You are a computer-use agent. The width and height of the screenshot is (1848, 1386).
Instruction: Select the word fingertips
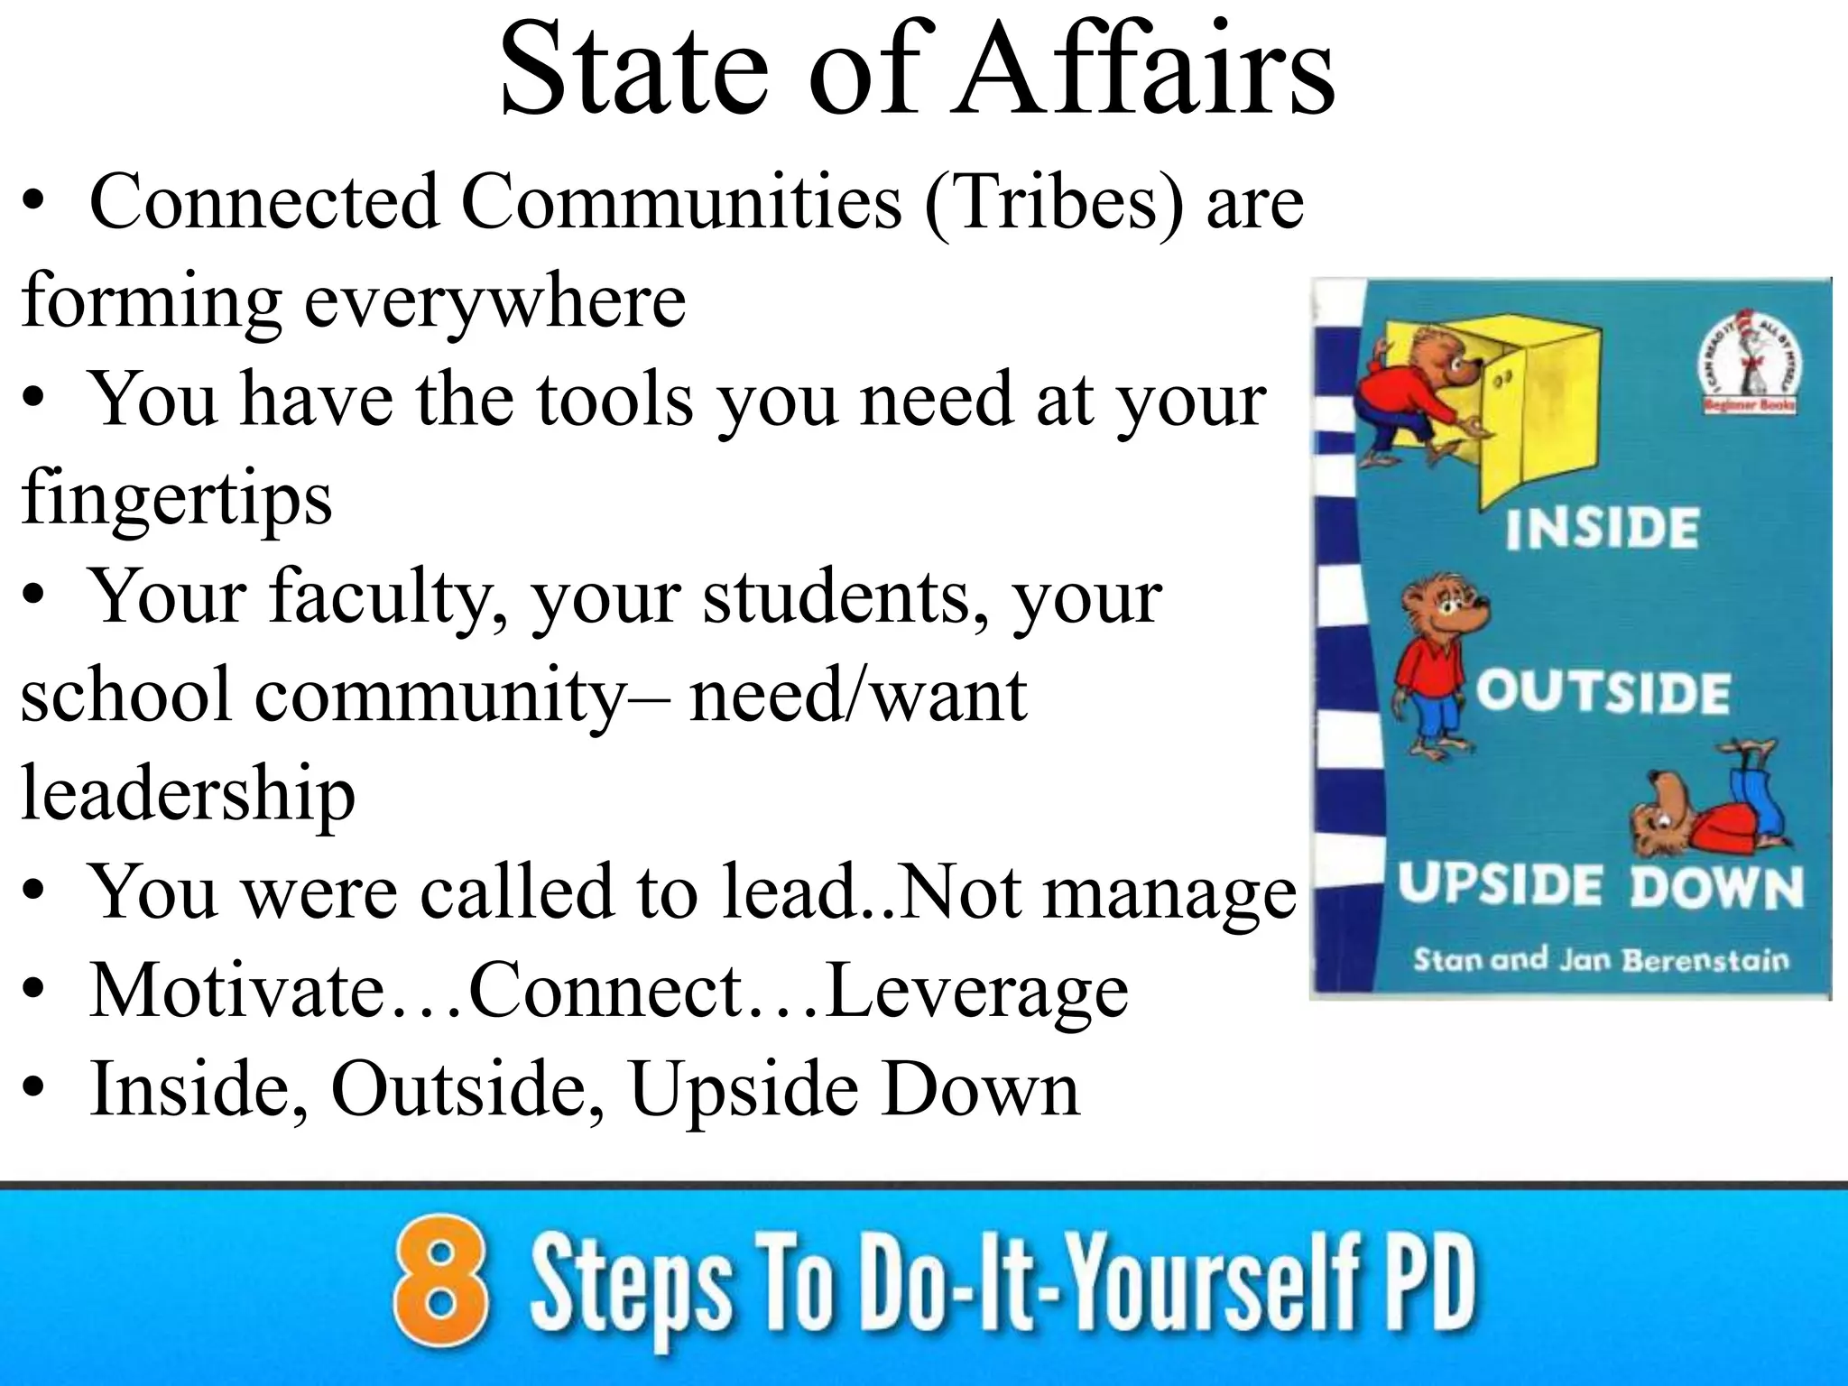click(x=177, y=498)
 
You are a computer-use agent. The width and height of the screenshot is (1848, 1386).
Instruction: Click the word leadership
click(x=188, y=794)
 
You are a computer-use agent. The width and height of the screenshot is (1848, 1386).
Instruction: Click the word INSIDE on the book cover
click(x=1602, y=529)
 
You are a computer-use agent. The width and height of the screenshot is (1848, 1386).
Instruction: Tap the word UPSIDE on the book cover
click(x=1500, y=886)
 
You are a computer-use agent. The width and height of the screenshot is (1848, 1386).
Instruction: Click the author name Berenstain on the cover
click(x=1705, y=960)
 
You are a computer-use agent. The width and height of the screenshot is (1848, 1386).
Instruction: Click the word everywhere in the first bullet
click(x=494, y=301)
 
